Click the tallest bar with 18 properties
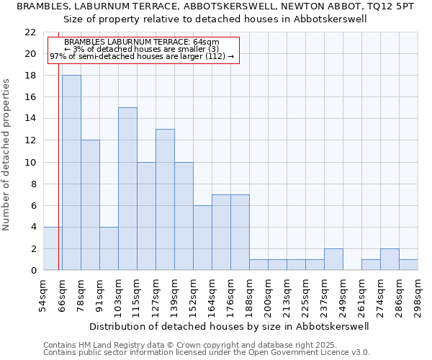71,173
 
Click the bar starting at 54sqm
53,248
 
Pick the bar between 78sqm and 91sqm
90,205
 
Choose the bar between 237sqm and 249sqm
333,259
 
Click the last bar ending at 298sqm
408,264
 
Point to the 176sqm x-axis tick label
230,294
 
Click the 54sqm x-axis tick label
43,293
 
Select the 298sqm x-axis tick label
418,294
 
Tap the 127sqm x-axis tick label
156,294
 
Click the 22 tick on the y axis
30,32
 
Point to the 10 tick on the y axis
30,162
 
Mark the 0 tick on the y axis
33,270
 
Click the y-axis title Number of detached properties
7,155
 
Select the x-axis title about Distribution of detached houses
230,326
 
